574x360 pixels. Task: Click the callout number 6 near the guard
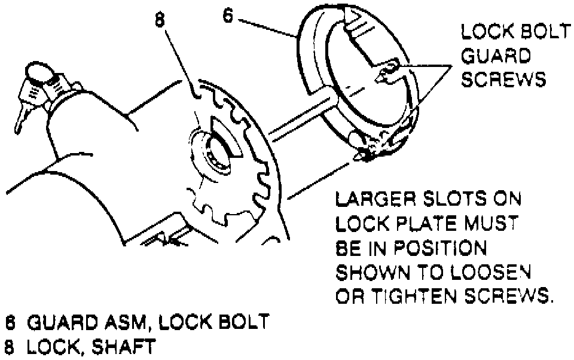tap(228, 15)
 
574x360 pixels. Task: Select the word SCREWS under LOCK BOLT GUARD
tap(503, 80)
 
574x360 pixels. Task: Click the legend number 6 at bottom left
tap(10, 323)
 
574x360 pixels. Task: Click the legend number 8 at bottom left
tap(10, 347)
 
